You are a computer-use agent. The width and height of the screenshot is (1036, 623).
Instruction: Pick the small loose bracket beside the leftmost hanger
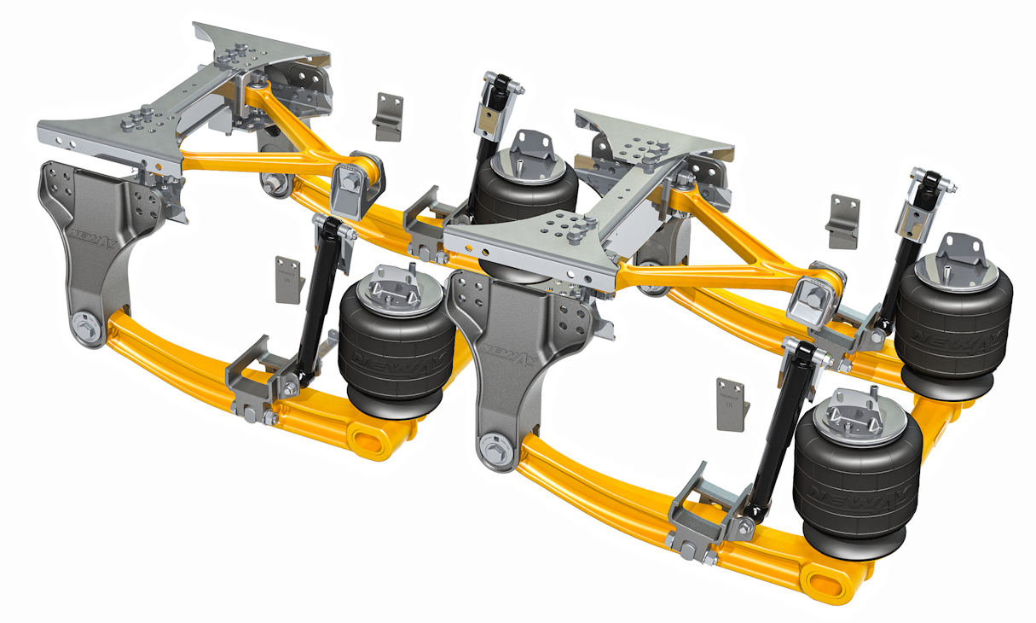tap(289, 278)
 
